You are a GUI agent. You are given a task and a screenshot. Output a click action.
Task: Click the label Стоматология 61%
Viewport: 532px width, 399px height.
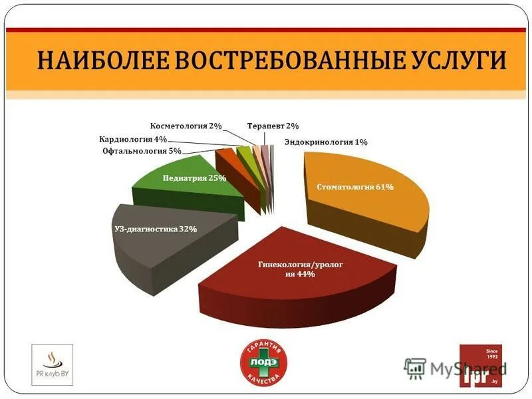coord(354,187)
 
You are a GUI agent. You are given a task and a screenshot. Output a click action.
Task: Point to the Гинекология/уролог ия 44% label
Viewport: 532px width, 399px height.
coord(301,269)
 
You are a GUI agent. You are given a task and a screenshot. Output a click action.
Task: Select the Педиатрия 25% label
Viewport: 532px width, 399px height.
coord(194,178)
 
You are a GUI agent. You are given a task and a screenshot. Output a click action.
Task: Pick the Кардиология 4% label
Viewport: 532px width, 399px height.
coord(133,140)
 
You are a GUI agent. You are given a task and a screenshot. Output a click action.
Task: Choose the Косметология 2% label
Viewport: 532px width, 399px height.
coord(186,126)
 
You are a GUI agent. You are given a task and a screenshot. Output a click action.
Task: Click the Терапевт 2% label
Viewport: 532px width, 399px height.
coord(273,126)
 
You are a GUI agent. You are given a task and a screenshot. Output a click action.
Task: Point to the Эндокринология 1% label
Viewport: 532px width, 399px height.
coord(326,142)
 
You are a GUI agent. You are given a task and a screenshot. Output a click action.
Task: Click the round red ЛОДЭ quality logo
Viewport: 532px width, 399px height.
coord(265,365)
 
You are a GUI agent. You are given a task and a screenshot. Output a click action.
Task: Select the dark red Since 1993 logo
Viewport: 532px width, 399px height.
coord(481,366)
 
